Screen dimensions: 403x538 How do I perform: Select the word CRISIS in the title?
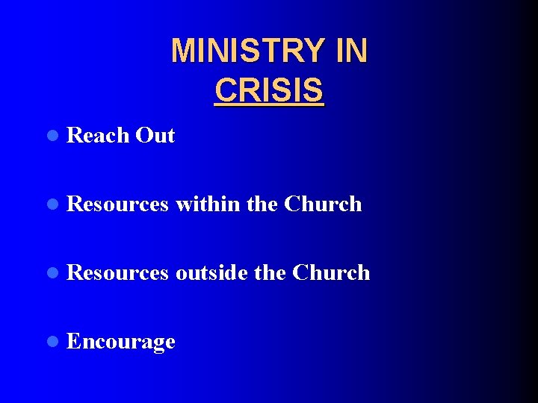coord(269,90)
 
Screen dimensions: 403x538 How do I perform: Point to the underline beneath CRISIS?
coord(269,106)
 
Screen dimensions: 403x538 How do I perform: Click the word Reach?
coord(98,136)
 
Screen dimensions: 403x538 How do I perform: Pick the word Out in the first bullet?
coord(155,136)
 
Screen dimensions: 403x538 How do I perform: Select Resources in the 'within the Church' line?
coord(117,204)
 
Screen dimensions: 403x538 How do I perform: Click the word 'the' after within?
coord(262,204)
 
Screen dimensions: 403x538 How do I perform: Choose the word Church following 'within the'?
coord(323,204)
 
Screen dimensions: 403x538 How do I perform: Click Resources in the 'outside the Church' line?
coord(117,272)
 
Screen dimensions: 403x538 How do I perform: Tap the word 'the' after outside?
coord(270,272)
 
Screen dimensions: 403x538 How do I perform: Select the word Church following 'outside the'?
coord(331,272)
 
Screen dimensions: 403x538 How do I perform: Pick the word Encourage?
coord(121,342)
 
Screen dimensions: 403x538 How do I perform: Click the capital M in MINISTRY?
coord(182,51)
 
